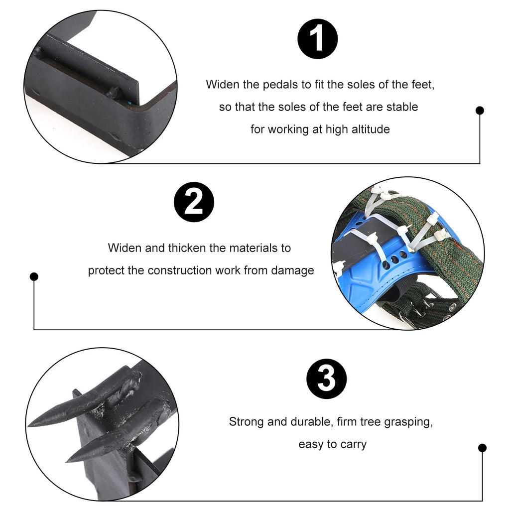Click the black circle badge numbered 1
[318, 39]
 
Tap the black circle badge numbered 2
[194, 203]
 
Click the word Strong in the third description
[247, 422]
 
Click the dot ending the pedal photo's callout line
[480, 111]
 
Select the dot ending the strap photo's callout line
[34, 276]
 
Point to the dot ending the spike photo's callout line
[482, 448]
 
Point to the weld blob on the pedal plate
[114, 92]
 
